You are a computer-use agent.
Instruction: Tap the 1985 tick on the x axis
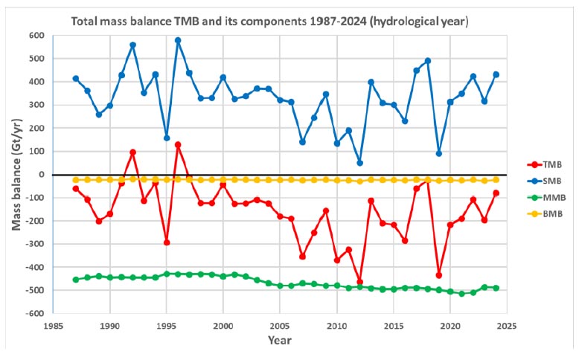54,326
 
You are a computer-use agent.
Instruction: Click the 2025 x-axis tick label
507,326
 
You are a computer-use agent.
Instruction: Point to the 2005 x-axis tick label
280,326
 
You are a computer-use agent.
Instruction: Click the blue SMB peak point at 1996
178,40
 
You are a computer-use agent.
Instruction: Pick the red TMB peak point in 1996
178,144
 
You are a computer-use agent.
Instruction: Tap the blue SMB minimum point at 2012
359,163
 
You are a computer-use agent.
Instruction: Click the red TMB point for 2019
439,275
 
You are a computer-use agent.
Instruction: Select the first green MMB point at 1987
76,279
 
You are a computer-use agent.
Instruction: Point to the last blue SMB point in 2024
496,74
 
